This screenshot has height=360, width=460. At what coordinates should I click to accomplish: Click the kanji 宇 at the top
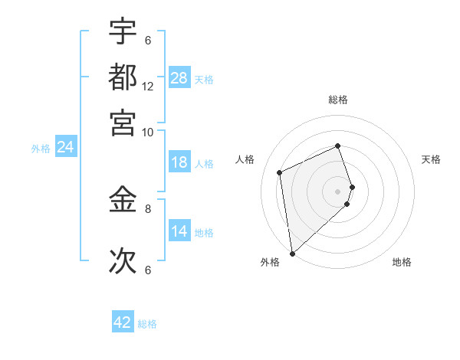pos(123,31)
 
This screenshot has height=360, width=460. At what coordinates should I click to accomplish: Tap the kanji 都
pos(123,77)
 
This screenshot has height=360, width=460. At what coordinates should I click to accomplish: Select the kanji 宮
pos(123,122)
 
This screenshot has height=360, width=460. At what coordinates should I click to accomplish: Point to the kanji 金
pos(123,199)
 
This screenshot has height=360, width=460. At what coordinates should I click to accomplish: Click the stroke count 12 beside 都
pos(148,87)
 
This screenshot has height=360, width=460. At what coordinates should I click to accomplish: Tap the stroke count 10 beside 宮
pos(148,132)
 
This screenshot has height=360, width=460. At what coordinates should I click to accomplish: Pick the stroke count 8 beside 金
pos(148,208)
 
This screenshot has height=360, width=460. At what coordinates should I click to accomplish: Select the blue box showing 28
pos(179,78)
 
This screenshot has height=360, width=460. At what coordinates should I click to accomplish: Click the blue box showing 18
pos(179,162)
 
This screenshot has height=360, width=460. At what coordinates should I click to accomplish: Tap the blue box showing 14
pos(179,231)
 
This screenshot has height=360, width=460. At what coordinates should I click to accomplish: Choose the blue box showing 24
pos(65,147)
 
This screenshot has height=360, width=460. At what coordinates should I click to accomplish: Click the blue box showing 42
pos(123,322)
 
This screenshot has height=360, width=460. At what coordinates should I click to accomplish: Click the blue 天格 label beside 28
pos(204,79)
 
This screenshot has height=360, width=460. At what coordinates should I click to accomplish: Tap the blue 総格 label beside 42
pos(147,324)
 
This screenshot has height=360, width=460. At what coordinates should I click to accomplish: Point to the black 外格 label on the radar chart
pos(270,262)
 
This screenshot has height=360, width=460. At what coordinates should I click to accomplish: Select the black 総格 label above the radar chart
pos(338,100)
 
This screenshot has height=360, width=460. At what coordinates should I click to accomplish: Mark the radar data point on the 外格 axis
pos(292,254)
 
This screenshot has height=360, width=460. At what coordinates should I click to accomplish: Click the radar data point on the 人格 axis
pos(280,172)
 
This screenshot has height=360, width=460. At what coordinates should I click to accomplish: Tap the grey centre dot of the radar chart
pos(338,191)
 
